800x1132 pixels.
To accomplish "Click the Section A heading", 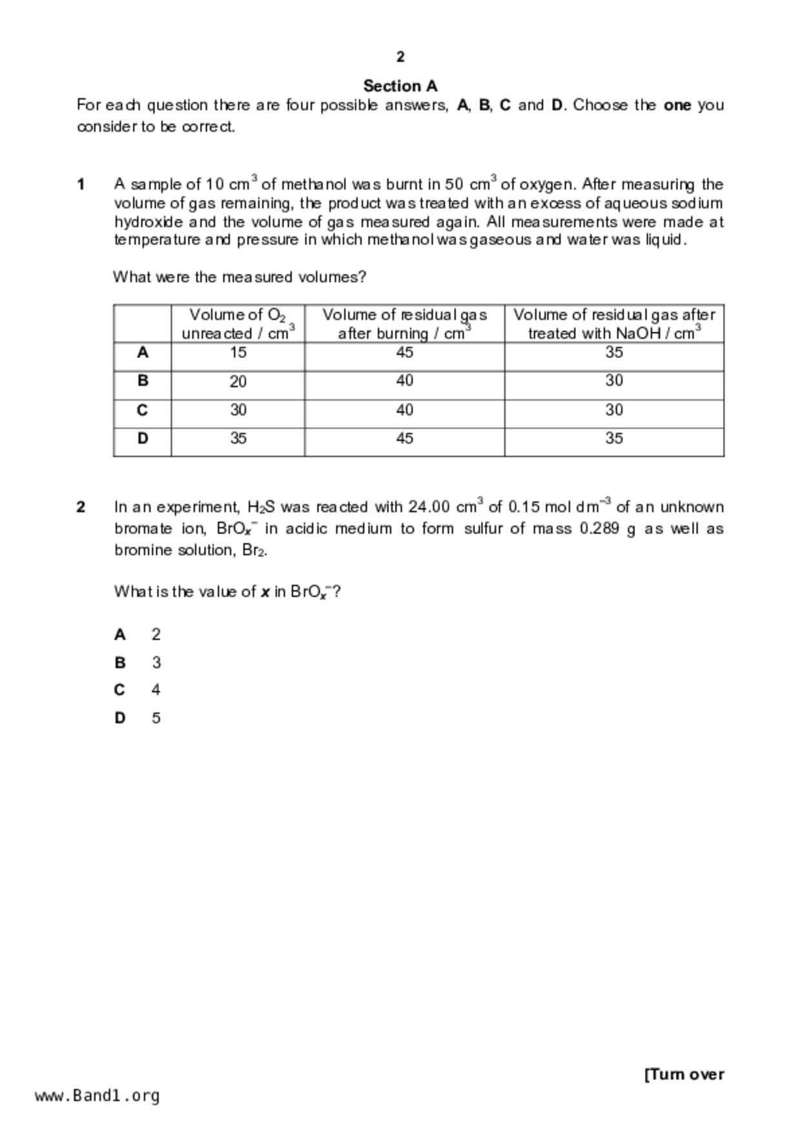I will [400, 86].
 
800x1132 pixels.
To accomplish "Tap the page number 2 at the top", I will [400, 57].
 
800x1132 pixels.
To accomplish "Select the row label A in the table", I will [143, 352].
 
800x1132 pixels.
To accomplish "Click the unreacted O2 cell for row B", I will [238, 381].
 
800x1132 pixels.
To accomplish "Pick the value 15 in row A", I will [238, 352].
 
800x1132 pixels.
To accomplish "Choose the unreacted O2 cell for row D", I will [238, 438].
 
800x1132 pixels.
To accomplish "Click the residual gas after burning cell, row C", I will [404, 410].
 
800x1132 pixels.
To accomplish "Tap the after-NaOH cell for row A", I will [613, 352].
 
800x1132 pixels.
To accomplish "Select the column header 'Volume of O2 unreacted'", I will [238, 324].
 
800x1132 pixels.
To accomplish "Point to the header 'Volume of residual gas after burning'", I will [404, 324].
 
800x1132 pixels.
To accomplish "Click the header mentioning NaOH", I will [613, 324].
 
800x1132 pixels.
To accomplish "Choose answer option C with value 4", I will [156, 690].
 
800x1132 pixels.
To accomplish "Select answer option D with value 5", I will [156, 718].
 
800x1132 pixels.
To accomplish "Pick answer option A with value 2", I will [156, 634].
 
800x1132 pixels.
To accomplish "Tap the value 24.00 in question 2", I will [429, 507].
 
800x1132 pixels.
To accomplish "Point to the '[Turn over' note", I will [684, 1075].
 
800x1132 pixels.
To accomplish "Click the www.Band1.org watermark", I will [97, 1096].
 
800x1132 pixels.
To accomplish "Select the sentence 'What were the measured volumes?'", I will [240, 277].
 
